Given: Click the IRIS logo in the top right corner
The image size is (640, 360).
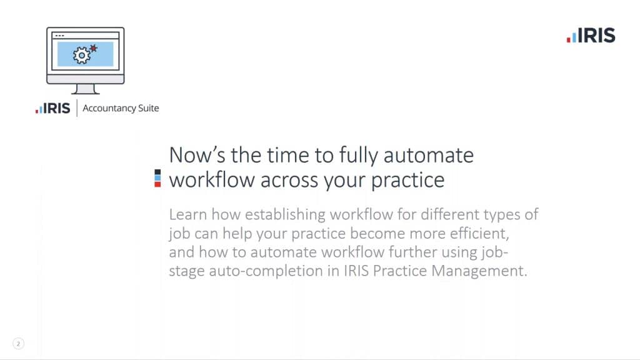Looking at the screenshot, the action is [x=591, y=36].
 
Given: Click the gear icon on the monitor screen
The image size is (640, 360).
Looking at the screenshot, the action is [x=81, y=55].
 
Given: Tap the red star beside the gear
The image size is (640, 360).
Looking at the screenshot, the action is [x=94, y=49].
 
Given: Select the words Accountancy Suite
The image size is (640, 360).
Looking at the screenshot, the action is [x=121, y=108].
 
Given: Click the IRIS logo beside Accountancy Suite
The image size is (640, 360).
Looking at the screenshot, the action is [x=52, y=108].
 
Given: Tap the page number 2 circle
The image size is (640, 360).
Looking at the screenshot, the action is [x=18, y=344].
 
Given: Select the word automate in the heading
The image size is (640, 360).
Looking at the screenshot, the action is [x=429, y=156].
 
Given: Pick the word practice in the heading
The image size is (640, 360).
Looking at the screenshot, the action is [x=407, y=180].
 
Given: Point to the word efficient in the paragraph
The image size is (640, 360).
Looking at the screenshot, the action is [x=479, y=234].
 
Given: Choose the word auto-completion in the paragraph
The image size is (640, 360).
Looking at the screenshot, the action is [x=266, y=271].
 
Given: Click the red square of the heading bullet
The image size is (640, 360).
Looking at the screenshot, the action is [x=157, y=184].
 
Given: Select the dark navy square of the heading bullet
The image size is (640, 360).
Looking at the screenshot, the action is [x=157, y=172].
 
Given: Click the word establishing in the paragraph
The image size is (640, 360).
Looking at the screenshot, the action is [x=285, y=214].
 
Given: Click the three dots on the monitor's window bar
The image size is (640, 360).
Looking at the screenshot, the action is [x=59, y=36].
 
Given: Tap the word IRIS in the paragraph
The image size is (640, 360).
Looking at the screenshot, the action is [x=356, y=271].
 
